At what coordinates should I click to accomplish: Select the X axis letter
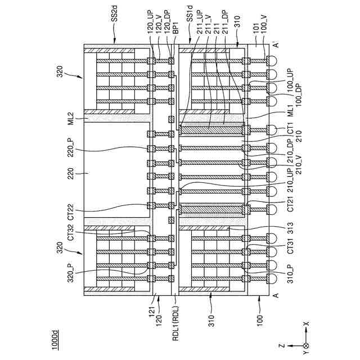click(306, 325)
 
